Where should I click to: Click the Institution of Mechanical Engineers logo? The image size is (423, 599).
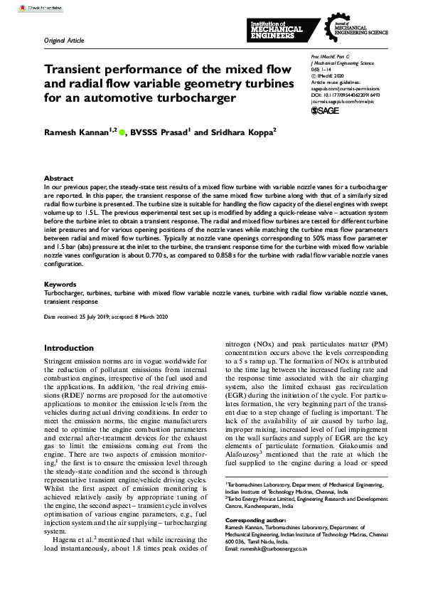click(x=278, y=31)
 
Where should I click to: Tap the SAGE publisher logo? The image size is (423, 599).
click(x=326, y=111)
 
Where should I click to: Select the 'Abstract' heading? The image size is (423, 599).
click(x=58, y=179)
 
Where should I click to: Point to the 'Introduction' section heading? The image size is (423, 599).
click(x=69, y=349)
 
